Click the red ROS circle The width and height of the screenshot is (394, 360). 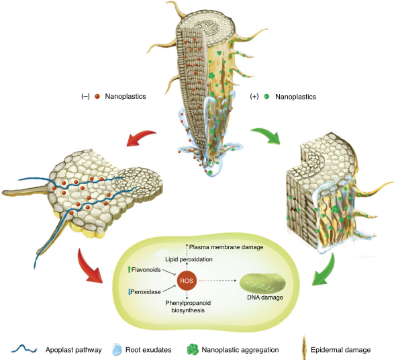click(x=187, y=280)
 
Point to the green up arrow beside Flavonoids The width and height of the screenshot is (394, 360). click(x=129, y=270)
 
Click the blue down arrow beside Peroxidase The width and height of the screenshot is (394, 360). click(x=130, y=292)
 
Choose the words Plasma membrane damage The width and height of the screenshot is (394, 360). click(x=226, y=247)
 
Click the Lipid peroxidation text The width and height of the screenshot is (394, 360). click(x=189, y=259)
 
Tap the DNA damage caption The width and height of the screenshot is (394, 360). click(x=265, y=298)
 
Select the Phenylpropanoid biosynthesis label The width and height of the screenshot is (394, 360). click(x=188, y=306)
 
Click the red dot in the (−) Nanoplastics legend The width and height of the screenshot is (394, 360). click(x=97, y=96)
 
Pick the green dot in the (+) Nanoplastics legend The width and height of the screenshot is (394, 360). click(x=266, y=96)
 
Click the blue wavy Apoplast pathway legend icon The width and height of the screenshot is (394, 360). click(x=24, y=349)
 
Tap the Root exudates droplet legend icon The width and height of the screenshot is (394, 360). click(x=117, y=349)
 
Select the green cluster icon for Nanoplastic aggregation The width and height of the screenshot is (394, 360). click(x=193, y=349)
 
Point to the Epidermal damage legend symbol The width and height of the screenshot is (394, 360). click(x=304, y=347)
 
